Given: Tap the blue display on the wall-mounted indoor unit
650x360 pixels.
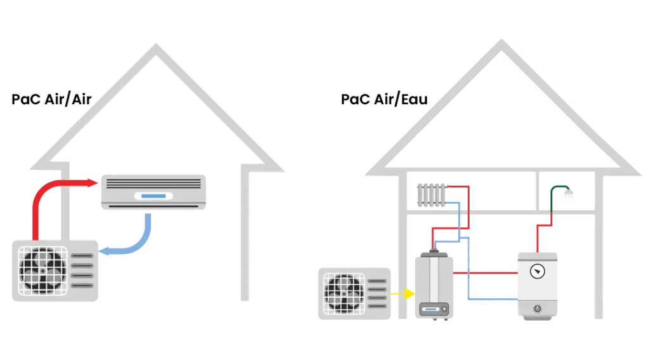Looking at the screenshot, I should click(x=153, y=196).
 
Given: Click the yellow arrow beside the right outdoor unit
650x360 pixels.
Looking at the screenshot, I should click(x=402, y=294).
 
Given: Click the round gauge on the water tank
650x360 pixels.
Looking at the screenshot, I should click(x=538, y=271).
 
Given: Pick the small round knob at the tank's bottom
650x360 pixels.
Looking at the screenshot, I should click(x=538, y=309).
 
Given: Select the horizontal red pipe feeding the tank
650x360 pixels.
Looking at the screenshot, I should click(x=486, y=273).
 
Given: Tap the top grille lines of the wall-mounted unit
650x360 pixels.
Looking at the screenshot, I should click(x=152, y=183).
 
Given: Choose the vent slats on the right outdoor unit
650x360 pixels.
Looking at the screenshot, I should click(x=377, y=293).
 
